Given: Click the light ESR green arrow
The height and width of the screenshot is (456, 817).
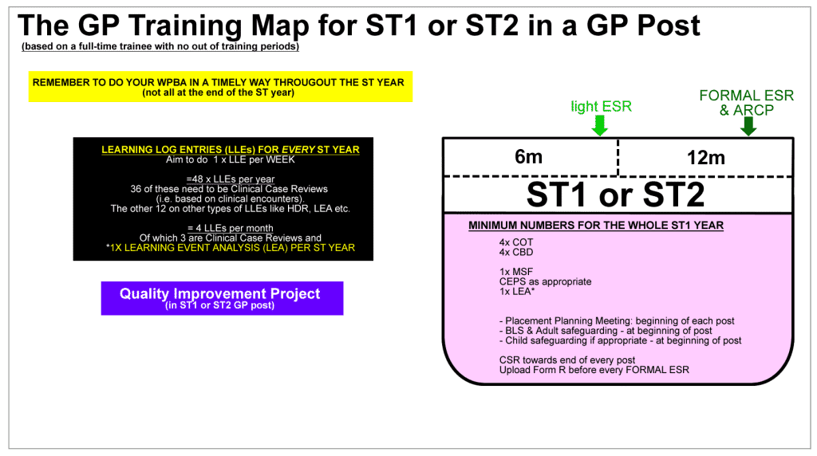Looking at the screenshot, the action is [x=600, y=125].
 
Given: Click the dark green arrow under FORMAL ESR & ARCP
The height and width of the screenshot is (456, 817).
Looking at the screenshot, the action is [x=748, y=126].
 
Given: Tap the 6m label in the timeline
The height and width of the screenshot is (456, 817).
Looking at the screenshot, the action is [x=528, y=157].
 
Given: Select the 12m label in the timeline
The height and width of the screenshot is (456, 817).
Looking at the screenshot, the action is [x=705, y=157].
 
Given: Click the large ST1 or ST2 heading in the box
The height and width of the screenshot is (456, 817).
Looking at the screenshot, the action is [x=615, y=195].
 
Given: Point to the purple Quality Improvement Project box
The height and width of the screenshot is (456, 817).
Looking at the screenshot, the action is [x=222, y=298].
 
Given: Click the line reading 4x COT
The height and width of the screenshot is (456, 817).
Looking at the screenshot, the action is [x=516, y=242].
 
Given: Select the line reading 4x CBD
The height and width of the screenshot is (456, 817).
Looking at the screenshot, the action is [x=516, y=252].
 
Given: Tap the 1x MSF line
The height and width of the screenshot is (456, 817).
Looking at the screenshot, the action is [x=516, y=272].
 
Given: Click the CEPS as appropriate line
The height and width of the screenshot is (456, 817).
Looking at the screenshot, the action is [x=545, y=281].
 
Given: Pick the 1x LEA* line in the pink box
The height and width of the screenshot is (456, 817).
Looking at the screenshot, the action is [x=517, y=292].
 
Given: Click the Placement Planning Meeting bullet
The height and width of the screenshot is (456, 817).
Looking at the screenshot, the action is [x=617, y=320].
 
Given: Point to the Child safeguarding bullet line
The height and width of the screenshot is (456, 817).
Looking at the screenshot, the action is [x=620, y=340].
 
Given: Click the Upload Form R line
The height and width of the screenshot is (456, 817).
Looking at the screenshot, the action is [x=594, y=370].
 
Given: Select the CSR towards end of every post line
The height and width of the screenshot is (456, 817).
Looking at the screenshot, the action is [x=567, y=360].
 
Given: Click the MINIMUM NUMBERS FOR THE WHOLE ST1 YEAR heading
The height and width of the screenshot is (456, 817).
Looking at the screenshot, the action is [x=595, y=226].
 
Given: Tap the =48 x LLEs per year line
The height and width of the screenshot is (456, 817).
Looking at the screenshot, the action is [x=231, y=179].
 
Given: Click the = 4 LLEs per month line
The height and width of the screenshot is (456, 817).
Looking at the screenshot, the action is [x=231, y=228].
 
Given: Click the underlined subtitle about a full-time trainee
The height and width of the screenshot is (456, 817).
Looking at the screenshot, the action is [x=160, y=46].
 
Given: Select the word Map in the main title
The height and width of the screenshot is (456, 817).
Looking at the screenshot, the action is [x=280, y=26].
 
